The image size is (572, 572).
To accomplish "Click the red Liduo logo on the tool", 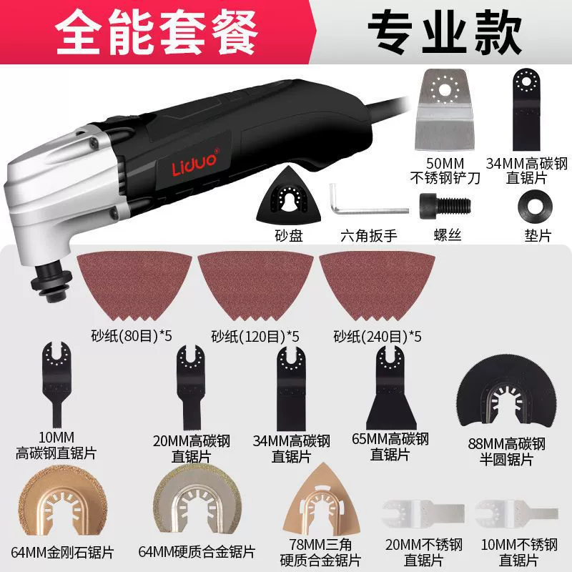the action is click(x=195, y=162).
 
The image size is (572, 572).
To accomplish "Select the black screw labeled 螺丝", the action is click(x=445, y=206).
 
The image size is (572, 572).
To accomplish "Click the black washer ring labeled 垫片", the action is click(x=535, y=205).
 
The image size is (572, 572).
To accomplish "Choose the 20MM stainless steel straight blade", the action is click(x=423, y=514).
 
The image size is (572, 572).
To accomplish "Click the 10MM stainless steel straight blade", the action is click(x=516, y=514).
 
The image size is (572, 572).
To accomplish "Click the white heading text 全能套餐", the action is click(x=157, y=32).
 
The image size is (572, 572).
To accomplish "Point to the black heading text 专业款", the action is click(x=445, y=32).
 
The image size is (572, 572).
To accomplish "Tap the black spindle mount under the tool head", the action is click(x=51, y=283).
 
